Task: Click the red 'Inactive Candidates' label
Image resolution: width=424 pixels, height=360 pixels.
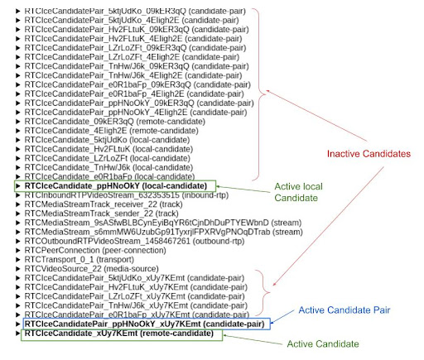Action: pyautogui.click(x=369, y=154)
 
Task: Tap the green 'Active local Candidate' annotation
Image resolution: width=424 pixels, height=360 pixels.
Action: pyautogui.click(x=298, y=192)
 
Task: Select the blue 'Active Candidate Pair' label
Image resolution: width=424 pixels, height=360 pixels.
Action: pyautogui.click(x=344, y=310)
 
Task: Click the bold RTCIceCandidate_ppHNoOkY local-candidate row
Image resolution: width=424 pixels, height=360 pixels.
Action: pyautogui.click(x=116, y=186)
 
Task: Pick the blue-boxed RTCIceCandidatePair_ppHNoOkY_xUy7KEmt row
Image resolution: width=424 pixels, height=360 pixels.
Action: pyautogui.click(x=145, y=324)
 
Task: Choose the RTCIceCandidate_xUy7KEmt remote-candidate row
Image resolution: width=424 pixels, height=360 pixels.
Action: pyautogui.click(x=119, y=334)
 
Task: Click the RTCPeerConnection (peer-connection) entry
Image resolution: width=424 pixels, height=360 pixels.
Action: pyautogui.click(x=95, y=251)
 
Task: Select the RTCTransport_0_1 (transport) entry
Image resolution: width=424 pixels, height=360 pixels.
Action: pyautogui.click(x=79, y=260)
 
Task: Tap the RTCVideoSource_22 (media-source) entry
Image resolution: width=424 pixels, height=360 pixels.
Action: pyautogui.click(x=91, y=269)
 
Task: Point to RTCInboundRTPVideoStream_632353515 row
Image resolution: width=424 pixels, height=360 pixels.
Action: pyautogui.click(x=127, y=195)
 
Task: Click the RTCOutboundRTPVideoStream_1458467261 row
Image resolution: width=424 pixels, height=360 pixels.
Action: pyautogui.click(x=134, y=241)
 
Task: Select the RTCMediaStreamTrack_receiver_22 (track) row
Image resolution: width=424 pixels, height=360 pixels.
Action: pyautogui.click(x=104, y=204)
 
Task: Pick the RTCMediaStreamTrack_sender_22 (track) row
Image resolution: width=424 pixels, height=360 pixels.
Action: pyautogui.click(x=101, y=214)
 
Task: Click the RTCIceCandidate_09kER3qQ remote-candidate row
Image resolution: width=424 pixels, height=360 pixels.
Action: pyautogui.click(x=115, y=122)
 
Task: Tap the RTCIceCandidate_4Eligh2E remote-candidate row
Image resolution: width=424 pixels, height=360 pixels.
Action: pyautogui.click(x=111, y=131)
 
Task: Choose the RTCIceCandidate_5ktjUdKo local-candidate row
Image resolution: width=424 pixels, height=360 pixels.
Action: pyautogui.click(x=107, y=140)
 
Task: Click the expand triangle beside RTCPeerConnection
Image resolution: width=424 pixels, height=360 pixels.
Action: pyautogui.click(x=18, y=251)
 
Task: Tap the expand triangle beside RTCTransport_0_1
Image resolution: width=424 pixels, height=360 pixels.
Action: pyautogui.click(x=18, y=260)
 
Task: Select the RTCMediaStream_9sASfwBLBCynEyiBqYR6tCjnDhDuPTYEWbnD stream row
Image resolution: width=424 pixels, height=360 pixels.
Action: pyautogui.click(x=163, y=223)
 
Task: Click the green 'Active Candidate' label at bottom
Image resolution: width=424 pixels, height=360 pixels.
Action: pyautogui.click(x=323, y=344)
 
